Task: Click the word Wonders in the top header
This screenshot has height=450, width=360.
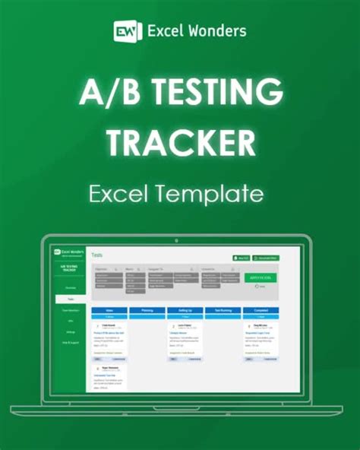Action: coord(219,30)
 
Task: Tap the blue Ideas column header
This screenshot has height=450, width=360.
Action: coord(109,311)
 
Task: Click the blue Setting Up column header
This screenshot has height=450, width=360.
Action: coord(184,311)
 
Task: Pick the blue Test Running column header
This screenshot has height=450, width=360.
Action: coord(221,311)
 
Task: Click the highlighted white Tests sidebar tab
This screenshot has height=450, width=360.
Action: coord(71,299)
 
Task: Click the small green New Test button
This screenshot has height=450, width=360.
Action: coord(241,258)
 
